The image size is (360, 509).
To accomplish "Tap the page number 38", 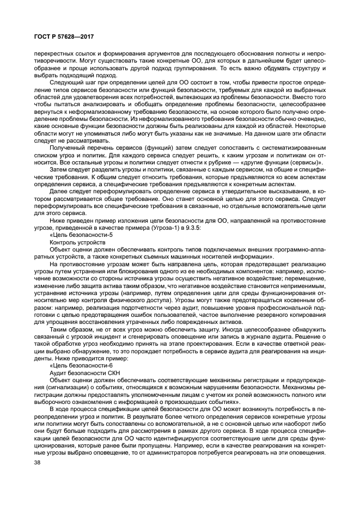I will (37, 462).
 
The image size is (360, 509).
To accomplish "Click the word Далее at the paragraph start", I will (59, 191).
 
